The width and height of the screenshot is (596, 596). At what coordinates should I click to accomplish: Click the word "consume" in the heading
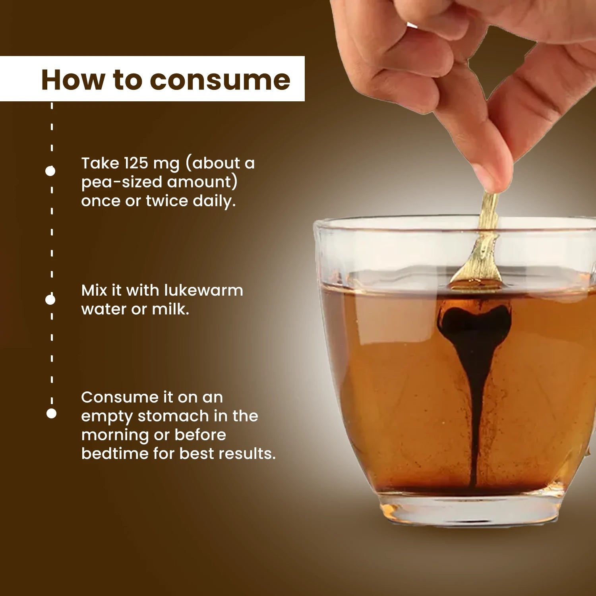tap(220, 80)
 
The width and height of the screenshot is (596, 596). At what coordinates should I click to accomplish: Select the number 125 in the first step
tap(136, 163)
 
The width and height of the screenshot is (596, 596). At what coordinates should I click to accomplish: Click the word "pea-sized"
tap(122, 182)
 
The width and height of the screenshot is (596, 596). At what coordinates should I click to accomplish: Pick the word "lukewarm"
tap(204, 290)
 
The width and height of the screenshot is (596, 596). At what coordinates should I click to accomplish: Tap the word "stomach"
tap(173, 416)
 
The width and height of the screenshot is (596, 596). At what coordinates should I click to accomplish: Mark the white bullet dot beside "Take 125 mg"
tap(50, 171)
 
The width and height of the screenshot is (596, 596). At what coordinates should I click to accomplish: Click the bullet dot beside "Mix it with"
tap(50, 300)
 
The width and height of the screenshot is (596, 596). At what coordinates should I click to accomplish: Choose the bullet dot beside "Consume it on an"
tap(51, 414)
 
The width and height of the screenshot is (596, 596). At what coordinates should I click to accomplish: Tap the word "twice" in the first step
tap(166, 201)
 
